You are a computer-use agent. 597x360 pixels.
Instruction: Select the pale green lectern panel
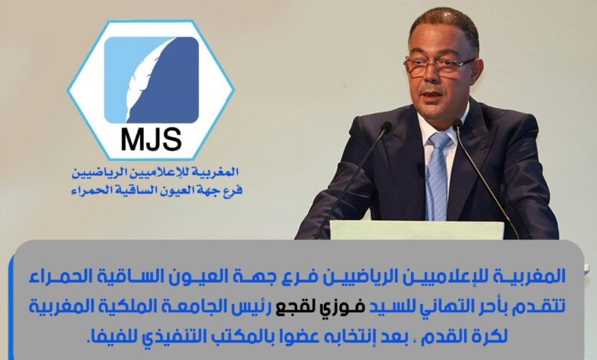(x=417, y=230)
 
